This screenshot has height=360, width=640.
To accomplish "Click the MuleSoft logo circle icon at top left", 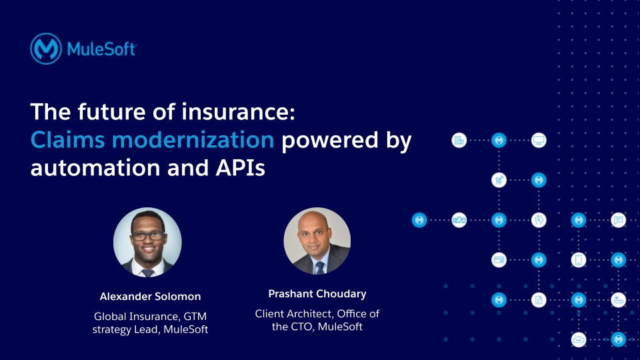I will point(46,49).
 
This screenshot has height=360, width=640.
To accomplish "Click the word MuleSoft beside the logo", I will point(101,49).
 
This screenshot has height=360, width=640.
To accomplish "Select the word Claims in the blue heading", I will point(65,140).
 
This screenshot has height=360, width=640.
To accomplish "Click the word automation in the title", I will point(91,168).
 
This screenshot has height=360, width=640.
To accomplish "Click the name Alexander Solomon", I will point(150,297).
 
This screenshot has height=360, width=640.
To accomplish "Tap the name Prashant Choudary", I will point(317,294).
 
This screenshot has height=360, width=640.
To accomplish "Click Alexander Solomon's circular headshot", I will point(147,242).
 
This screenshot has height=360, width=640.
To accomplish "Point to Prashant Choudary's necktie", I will point(319,267).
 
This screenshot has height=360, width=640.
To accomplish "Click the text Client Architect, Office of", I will point(317,313).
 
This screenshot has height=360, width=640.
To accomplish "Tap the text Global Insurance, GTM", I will point(150,316).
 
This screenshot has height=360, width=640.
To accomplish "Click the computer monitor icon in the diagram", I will point(539,141).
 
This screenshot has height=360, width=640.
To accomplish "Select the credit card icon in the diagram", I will point(499,260).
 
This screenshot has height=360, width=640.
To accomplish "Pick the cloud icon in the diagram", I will point(579,339).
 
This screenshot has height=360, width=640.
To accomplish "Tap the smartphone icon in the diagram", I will point(579,260).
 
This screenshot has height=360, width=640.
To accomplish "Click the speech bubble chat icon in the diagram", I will point(619,220).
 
